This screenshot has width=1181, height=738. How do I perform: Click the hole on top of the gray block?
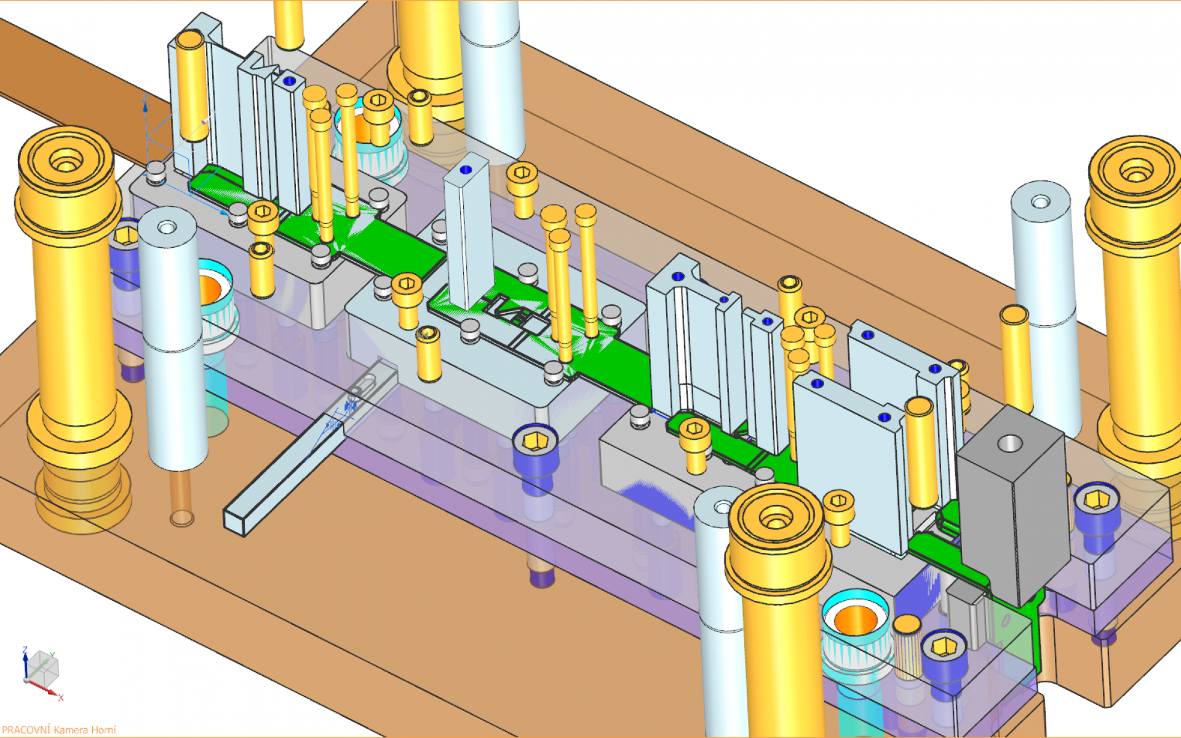point(1009,443)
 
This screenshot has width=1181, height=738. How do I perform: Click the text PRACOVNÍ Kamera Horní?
point(58,729)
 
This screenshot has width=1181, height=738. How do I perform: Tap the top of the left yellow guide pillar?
point(66,162)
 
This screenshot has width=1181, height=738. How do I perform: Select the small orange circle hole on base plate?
point(181,518)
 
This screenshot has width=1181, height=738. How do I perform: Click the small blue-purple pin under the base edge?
point(541,578)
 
